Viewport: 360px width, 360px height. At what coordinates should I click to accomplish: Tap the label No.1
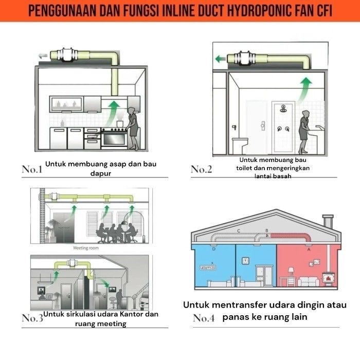tap(32, 169)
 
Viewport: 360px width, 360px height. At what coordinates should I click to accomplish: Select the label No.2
tap(202, 169)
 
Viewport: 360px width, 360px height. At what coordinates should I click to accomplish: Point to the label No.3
tap(32, 318)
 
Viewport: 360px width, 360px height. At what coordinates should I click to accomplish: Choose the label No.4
tap(204, 318)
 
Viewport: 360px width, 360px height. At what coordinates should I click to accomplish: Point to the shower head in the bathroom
tap(283, 109)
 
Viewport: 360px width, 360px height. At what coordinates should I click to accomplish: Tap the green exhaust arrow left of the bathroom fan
tap(221, 60)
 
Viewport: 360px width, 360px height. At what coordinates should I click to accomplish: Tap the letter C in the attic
tap(238, 231)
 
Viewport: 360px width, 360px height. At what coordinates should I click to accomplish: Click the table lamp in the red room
tap(291, 271)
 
